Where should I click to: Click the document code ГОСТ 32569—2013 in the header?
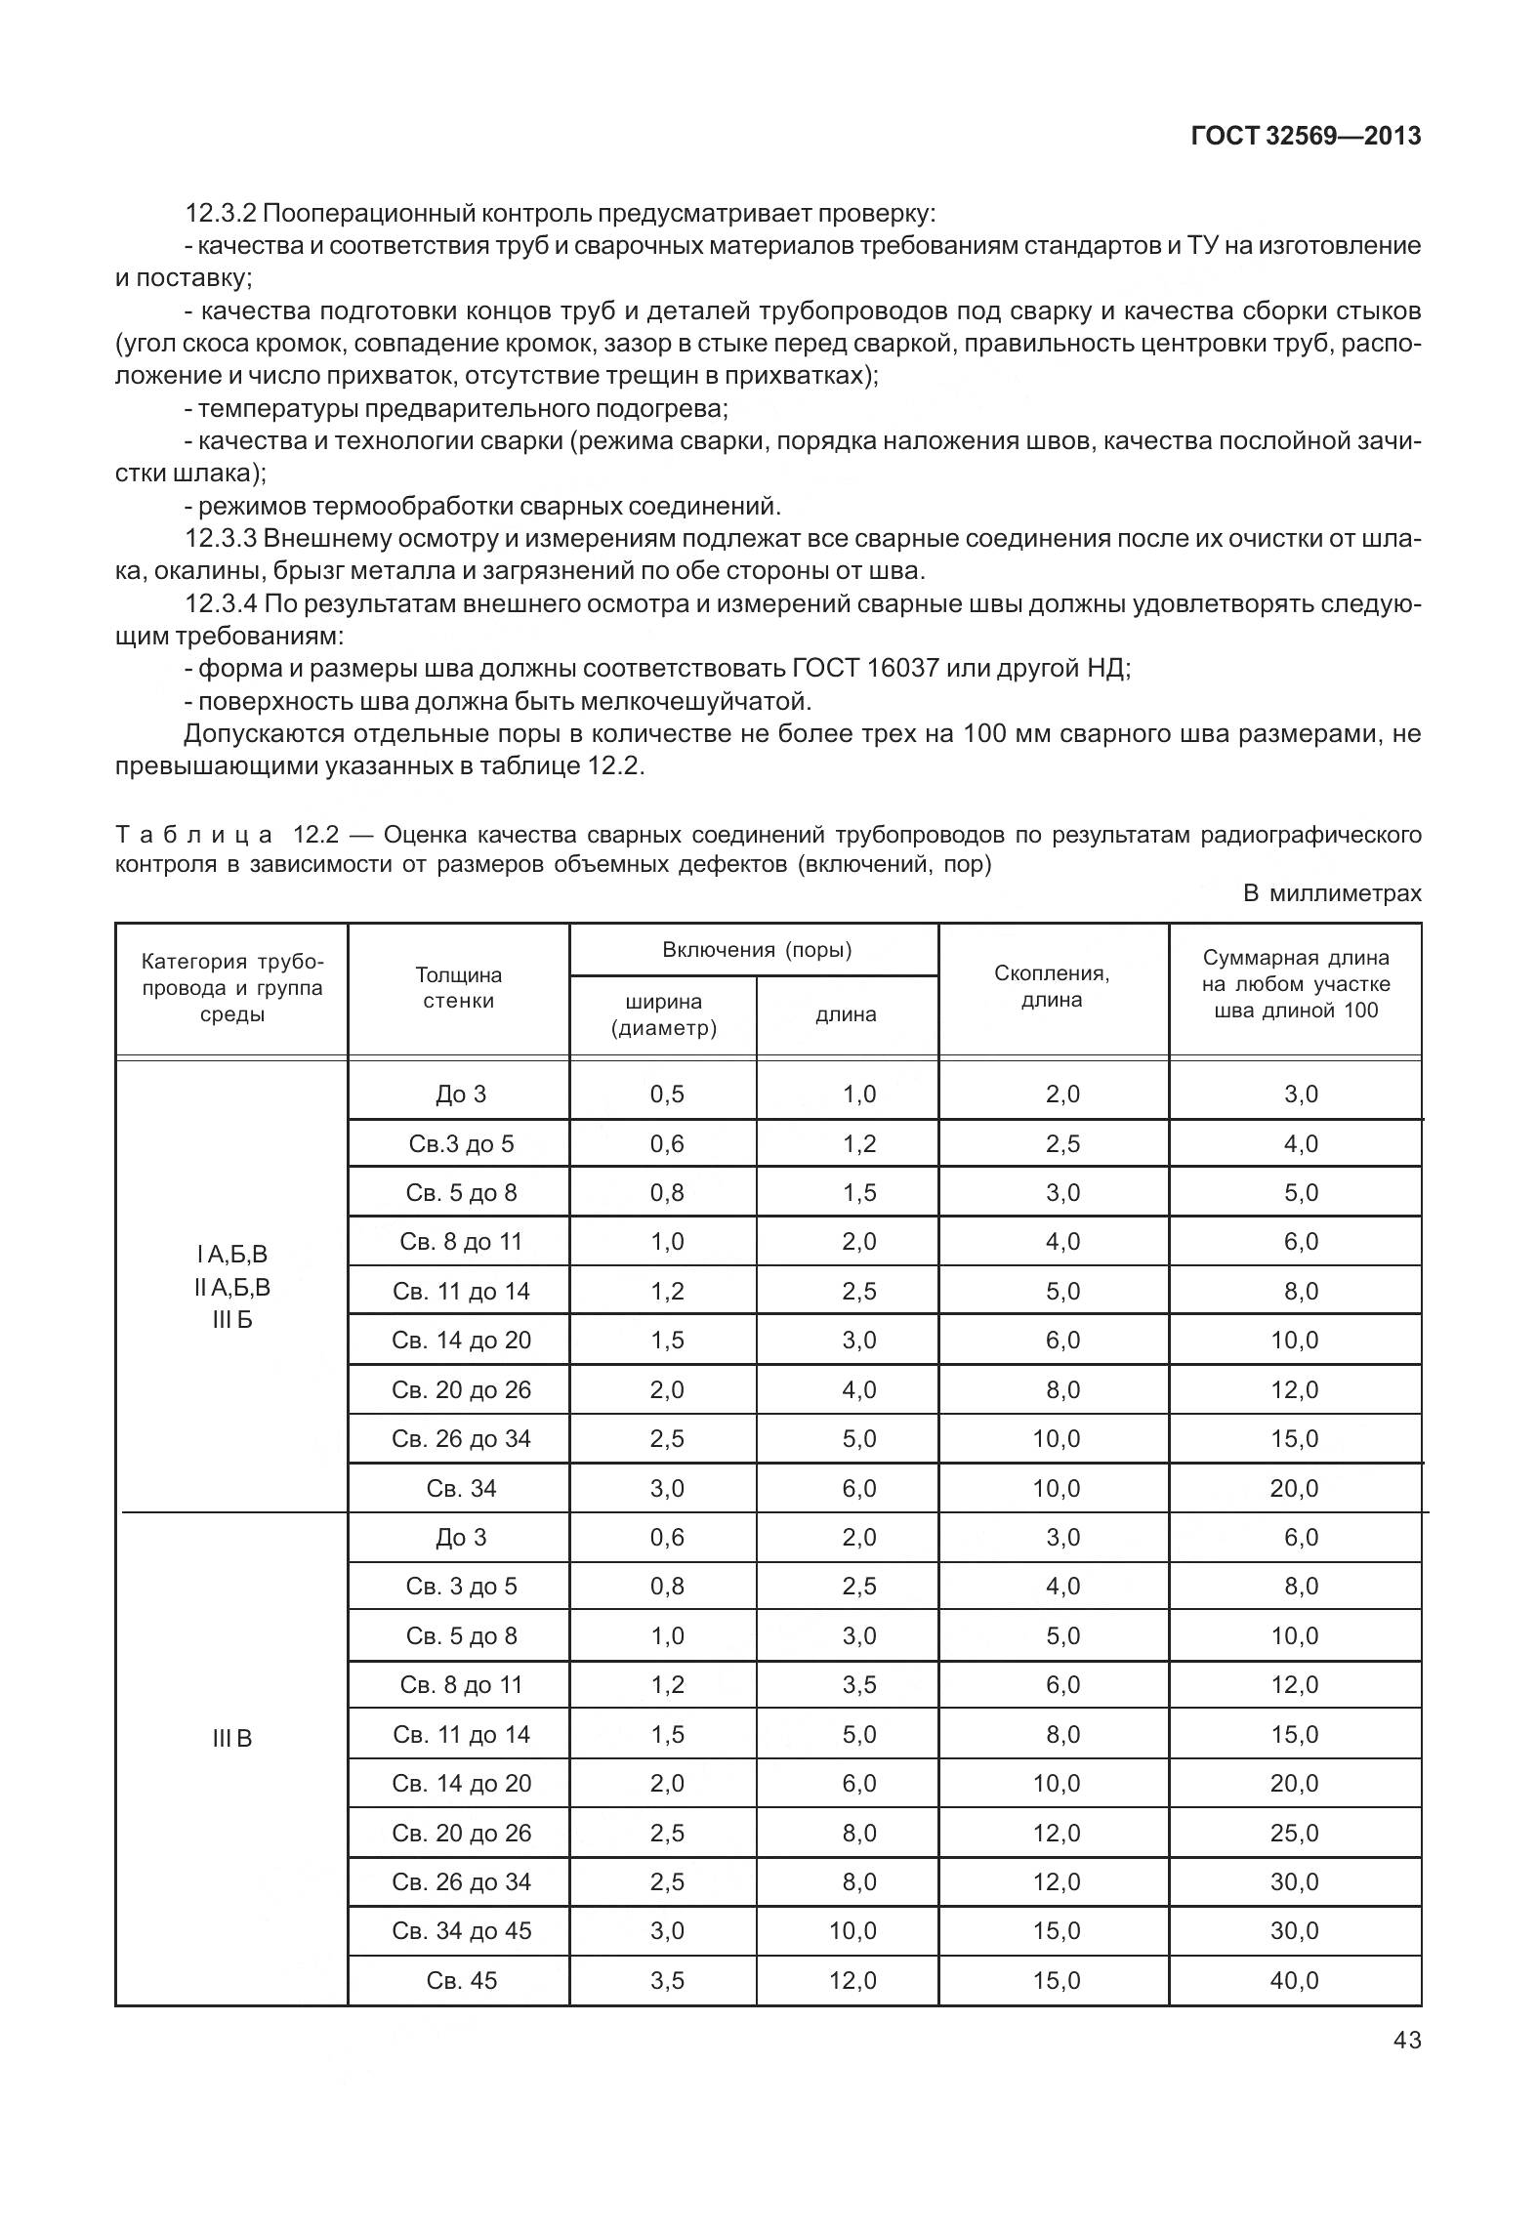tap(1306, 136)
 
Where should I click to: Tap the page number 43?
tap(1407, 2040)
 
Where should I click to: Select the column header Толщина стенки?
tap(458, 987)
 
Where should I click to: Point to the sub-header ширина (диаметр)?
tap(663, 1014)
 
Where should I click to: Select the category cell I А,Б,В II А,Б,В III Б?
tap(231, 1287)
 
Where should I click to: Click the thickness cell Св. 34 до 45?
tap(461, 1930)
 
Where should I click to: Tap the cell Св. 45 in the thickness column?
tap(461, 1980)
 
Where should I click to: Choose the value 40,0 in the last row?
tap(1294, 1980)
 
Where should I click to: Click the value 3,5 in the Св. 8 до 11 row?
tap(859, 1684)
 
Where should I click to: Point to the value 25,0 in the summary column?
tap(1294, 1833)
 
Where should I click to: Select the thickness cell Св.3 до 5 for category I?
tap(461, 1143)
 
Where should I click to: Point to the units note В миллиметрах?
tap(1332, 892)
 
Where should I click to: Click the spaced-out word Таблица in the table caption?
tap(194, 835)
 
